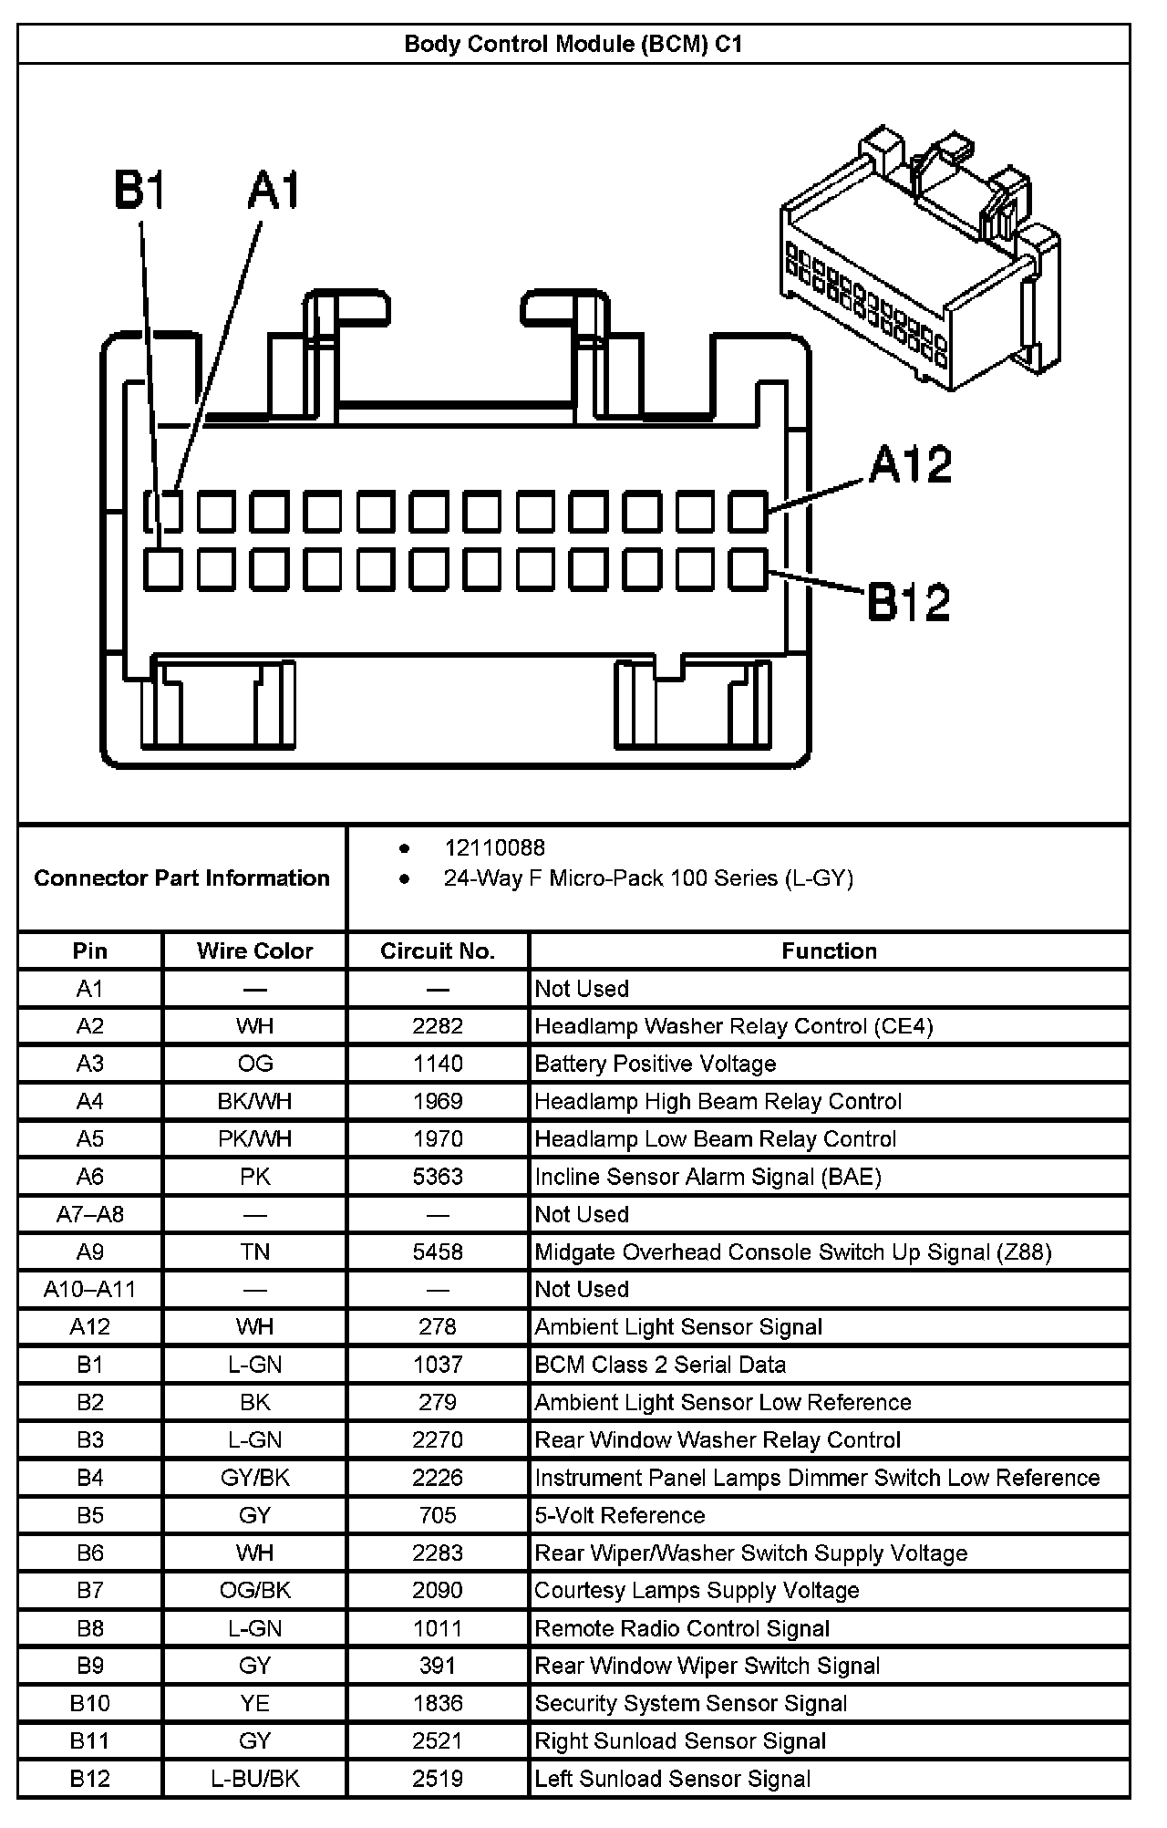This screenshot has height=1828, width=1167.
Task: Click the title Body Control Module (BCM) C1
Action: coord(573,44)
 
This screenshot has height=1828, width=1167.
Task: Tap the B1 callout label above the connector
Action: coord(139,192)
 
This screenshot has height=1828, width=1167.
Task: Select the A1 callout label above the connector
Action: coord(274,192)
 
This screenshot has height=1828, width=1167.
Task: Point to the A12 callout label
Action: coord(910,465)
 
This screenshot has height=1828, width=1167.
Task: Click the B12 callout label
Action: coord(908,602)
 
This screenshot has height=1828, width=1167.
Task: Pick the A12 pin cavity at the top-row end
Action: coord(749,512)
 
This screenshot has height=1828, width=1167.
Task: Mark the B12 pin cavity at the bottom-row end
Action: coord(749,569)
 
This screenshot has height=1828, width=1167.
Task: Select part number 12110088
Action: coord(494,848)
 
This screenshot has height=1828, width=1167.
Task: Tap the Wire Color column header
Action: coord(254,951)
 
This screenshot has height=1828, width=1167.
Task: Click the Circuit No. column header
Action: coord(438,951)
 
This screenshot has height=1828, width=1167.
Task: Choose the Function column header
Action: coord(829,951)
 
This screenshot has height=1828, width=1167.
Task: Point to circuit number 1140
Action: coord(438,1064)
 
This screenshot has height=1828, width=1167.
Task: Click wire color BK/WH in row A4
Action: coord(254,1101)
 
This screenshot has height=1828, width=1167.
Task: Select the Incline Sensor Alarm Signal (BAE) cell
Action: coord(707,1177)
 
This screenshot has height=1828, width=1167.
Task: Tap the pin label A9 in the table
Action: coord(89,1252)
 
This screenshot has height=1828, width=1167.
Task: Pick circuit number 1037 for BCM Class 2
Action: coord(438,1365)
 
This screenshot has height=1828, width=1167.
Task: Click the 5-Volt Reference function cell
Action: coord(620,1515)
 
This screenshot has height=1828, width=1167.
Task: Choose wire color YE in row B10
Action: coord(254,1703)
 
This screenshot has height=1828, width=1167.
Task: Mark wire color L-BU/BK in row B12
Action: coord(254,1779)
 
